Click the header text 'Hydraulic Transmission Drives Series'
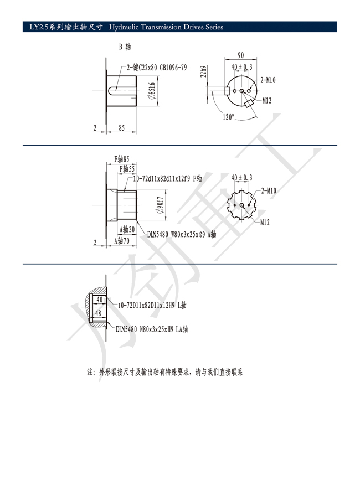[x=166, y=27]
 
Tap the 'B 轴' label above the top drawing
[x=125, y=47]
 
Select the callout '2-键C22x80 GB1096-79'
[x=157, y=68]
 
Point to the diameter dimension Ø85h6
[x=152, y=91]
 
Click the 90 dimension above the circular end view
[x=241, y=55]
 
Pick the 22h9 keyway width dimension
[x=203, y=71]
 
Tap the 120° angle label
[x=228, y=117]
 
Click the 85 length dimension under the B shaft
[x=122, y=128]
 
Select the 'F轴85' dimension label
[x=122, y=159]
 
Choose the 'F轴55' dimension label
[x=127, y=168]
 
